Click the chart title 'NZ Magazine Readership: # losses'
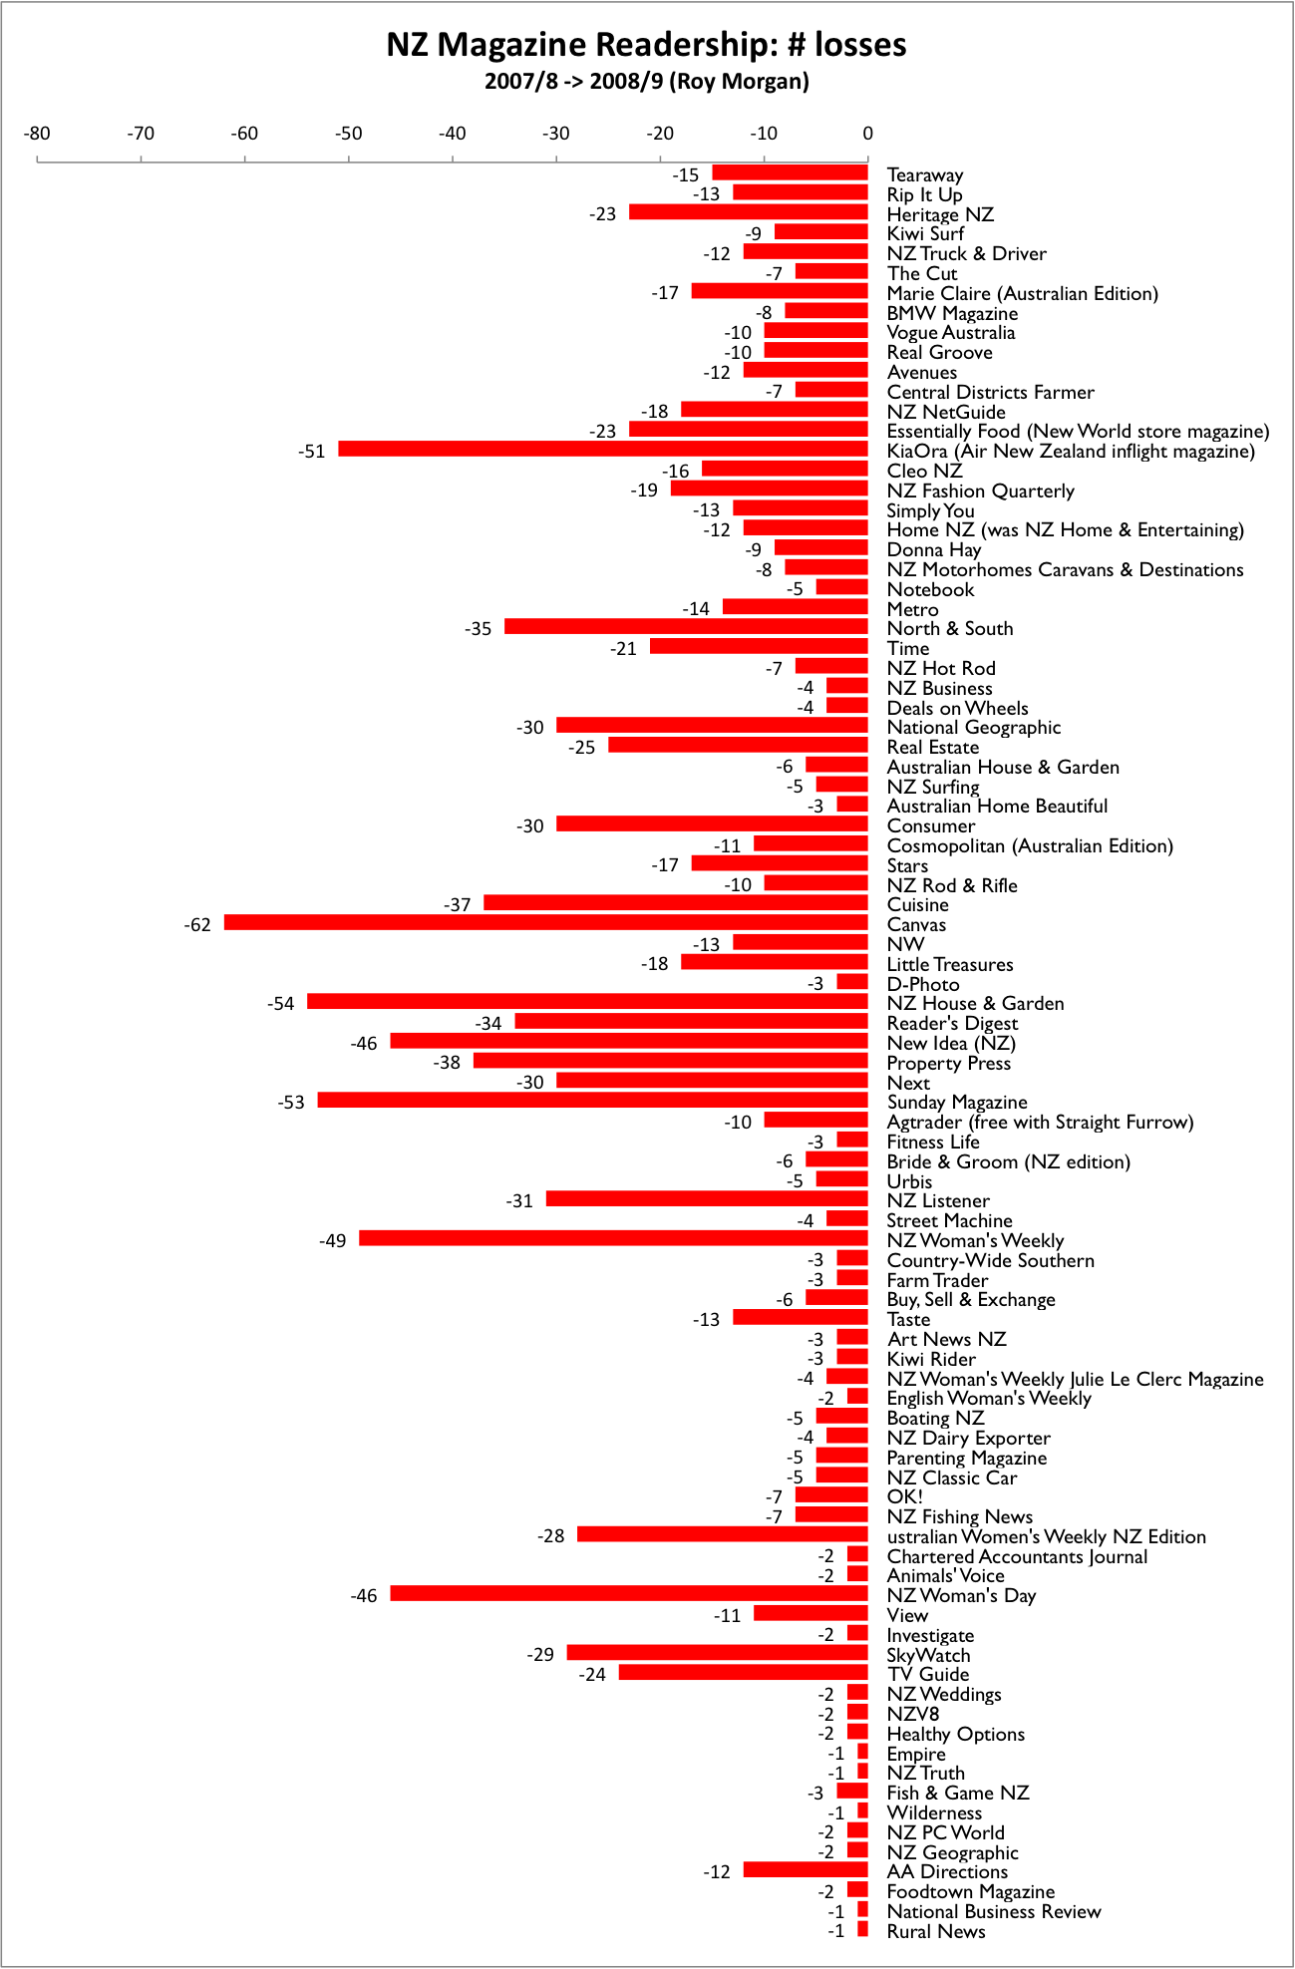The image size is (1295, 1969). [646, 45]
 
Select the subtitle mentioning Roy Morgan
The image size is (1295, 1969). [646, 82]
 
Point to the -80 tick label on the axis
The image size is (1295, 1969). [37, 134]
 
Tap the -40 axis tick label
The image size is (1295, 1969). [453, 134]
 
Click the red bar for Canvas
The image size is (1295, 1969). [545, 923]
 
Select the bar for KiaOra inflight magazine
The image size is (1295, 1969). [602, 450]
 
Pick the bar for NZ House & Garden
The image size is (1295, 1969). [587, 1002]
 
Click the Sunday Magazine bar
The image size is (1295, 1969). [592, 1101]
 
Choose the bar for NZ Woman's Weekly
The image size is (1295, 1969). [613, 1239]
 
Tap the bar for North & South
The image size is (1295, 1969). [686, 627]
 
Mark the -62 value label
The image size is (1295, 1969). [197, 925]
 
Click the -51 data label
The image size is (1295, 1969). [312, 452]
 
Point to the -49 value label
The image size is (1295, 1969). [333, 1241]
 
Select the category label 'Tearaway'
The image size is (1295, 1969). [925, 175]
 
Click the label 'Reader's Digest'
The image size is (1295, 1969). [952, 1023]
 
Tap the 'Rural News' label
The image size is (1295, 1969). [936, 1931]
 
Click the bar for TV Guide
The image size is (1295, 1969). [743, 1673]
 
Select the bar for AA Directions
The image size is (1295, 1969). [806, 1870]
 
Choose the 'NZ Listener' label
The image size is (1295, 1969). [938, 1200]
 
